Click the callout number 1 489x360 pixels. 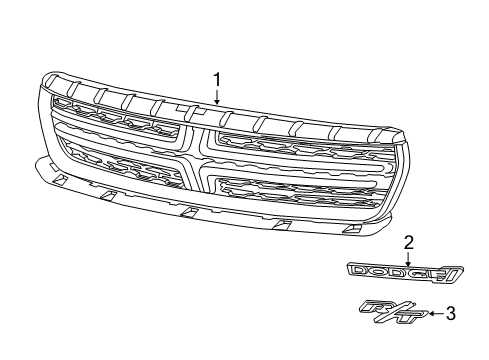pyautogui.click(x=215, y=79)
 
